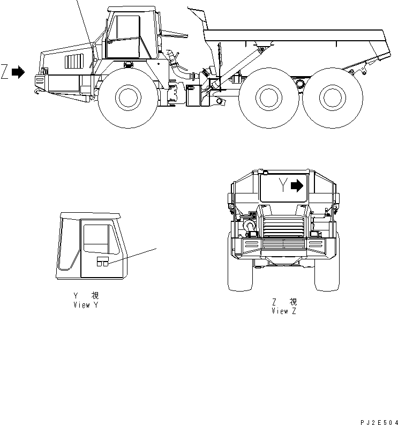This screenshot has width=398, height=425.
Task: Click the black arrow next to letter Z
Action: click(x=19, y=72)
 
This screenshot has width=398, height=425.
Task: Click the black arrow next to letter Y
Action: click(x=297, y=186)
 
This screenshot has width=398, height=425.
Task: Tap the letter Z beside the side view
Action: click(x=5, y=72)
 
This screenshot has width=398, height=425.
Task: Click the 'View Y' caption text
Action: click(x=86, y=305)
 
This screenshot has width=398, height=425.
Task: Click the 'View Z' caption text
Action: click(x=283, y=311)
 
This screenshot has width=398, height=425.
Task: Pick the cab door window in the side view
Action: click(x=124, y=36)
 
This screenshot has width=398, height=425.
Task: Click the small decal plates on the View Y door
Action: click(x=103, y=262)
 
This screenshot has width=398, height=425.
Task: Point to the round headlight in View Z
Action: click(x=251, y=227)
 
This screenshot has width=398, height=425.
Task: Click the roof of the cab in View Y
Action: click(x=91, y=215)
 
